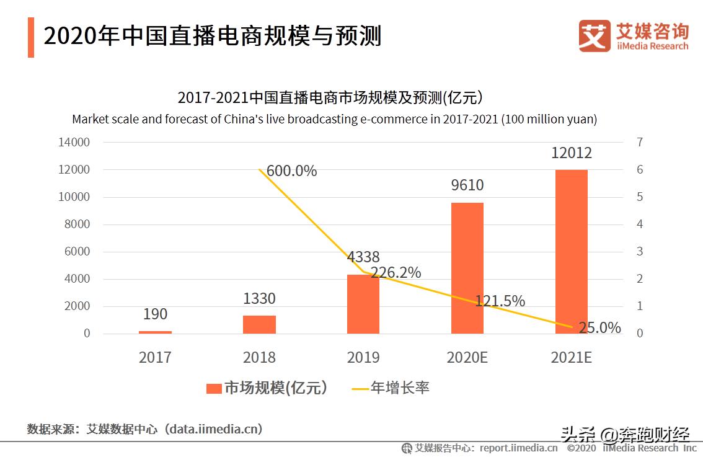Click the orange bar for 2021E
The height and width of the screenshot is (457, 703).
(571, 251)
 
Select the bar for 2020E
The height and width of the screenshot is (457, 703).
(467, 268)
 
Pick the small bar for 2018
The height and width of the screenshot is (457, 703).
(259, 324)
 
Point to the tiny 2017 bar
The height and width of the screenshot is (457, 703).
(155, 332)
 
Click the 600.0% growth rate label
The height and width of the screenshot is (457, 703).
(291, 171)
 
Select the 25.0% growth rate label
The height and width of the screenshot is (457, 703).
(599, 328)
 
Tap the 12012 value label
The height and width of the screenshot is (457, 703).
(572, 153)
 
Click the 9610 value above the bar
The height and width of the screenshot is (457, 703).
(467, 185)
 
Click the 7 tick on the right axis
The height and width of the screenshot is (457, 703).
(640, 143)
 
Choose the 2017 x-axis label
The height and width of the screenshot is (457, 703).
(155, 358)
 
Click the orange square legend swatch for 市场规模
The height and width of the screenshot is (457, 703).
(214, 389)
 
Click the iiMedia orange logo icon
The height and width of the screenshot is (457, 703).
(595, 36)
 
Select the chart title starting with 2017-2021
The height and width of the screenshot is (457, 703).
(330, 98)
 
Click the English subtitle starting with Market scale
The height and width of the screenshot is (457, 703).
(334, 119)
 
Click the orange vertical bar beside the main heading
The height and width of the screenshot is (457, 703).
(31, 37)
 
